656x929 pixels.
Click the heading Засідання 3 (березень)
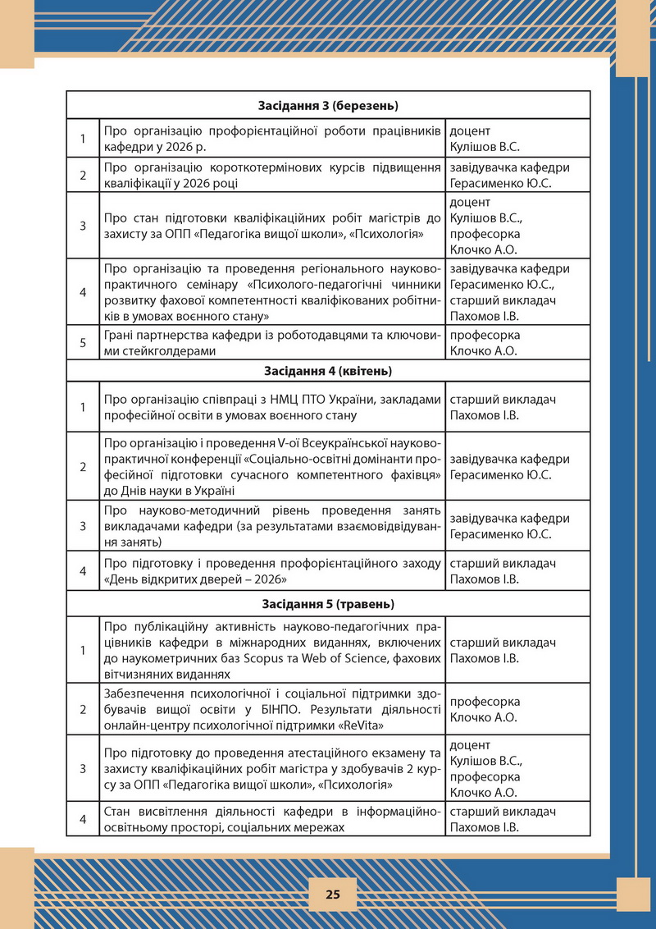(x=328, y=106)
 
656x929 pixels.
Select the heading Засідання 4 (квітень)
(x=328, y=371)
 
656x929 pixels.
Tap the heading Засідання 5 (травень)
(x=328, y=604)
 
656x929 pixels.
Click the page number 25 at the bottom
(x=332, y=894)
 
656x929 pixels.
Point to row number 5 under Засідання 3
(x=83, y=343)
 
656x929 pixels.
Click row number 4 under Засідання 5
(x=83, y=819)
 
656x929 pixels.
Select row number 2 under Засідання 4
(x=83, y=466)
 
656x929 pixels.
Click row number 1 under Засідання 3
(x=83, y=139)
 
